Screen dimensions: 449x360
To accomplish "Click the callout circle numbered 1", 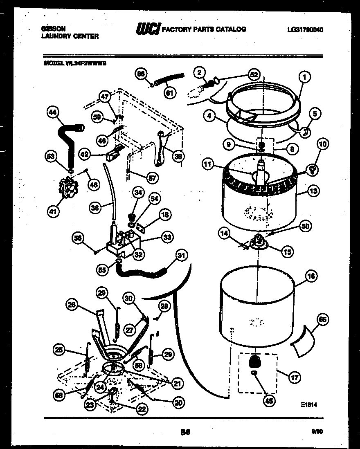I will [x=304, y=76].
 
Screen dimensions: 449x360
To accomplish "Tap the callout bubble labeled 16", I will [x=311, y=277].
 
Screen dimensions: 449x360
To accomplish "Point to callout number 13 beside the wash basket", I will [x=313, y=191].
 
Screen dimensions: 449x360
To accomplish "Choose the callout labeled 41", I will [x=52, y=211].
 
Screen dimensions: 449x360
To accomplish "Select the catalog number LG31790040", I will [x=305, y=29].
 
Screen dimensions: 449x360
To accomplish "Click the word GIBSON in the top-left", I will [x=54, y=29].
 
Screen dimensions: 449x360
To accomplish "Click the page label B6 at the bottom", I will [x=185, y=432].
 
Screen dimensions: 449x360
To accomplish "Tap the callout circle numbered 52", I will [x=254, y=75].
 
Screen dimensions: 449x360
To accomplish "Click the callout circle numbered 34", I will [x=138, y=192].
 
